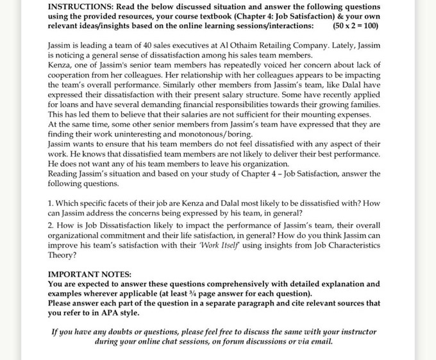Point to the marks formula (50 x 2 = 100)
pos(355,26)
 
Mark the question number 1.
pos(51,203)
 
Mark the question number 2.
pos(51,225)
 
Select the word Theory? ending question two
pos(62,255)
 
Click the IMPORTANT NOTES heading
pos(90,274)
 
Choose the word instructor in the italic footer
pos(355,332)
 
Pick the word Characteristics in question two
pos(350,245)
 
